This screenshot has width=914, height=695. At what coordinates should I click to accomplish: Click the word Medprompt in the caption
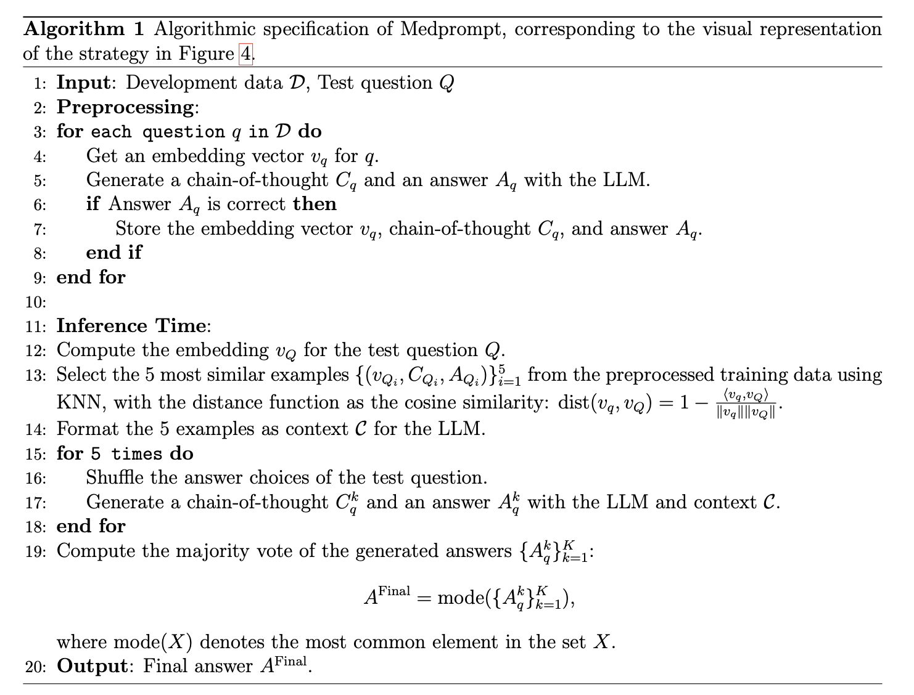(x=452, y=30)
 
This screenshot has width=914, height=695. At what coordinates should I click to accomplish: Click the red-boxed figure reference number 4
(x=245, y=54)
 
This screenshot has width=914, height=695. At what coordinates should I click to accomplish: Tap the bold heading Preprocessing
(x=125, y=107)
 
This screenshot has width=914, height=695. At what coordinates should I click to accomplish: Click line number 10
(x=36, y=302)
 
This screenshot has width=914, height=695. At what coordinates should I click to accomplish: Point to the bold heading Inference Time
(x=131, y=326)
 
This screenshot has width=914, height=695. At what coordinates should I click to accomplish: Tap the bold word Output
(x=91, y=667)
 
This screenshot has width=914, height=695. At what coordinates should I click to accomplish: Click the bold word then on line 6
(x=315, y=204)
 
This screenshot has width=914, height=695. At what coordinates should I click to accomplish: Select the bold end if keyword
(x=113, y=253)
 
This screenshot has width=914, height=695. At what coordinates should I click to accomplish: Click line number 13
(x=36, y=375)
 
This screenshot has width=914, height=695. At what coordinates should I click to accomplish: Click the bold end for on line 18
(x=91, y=526)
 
